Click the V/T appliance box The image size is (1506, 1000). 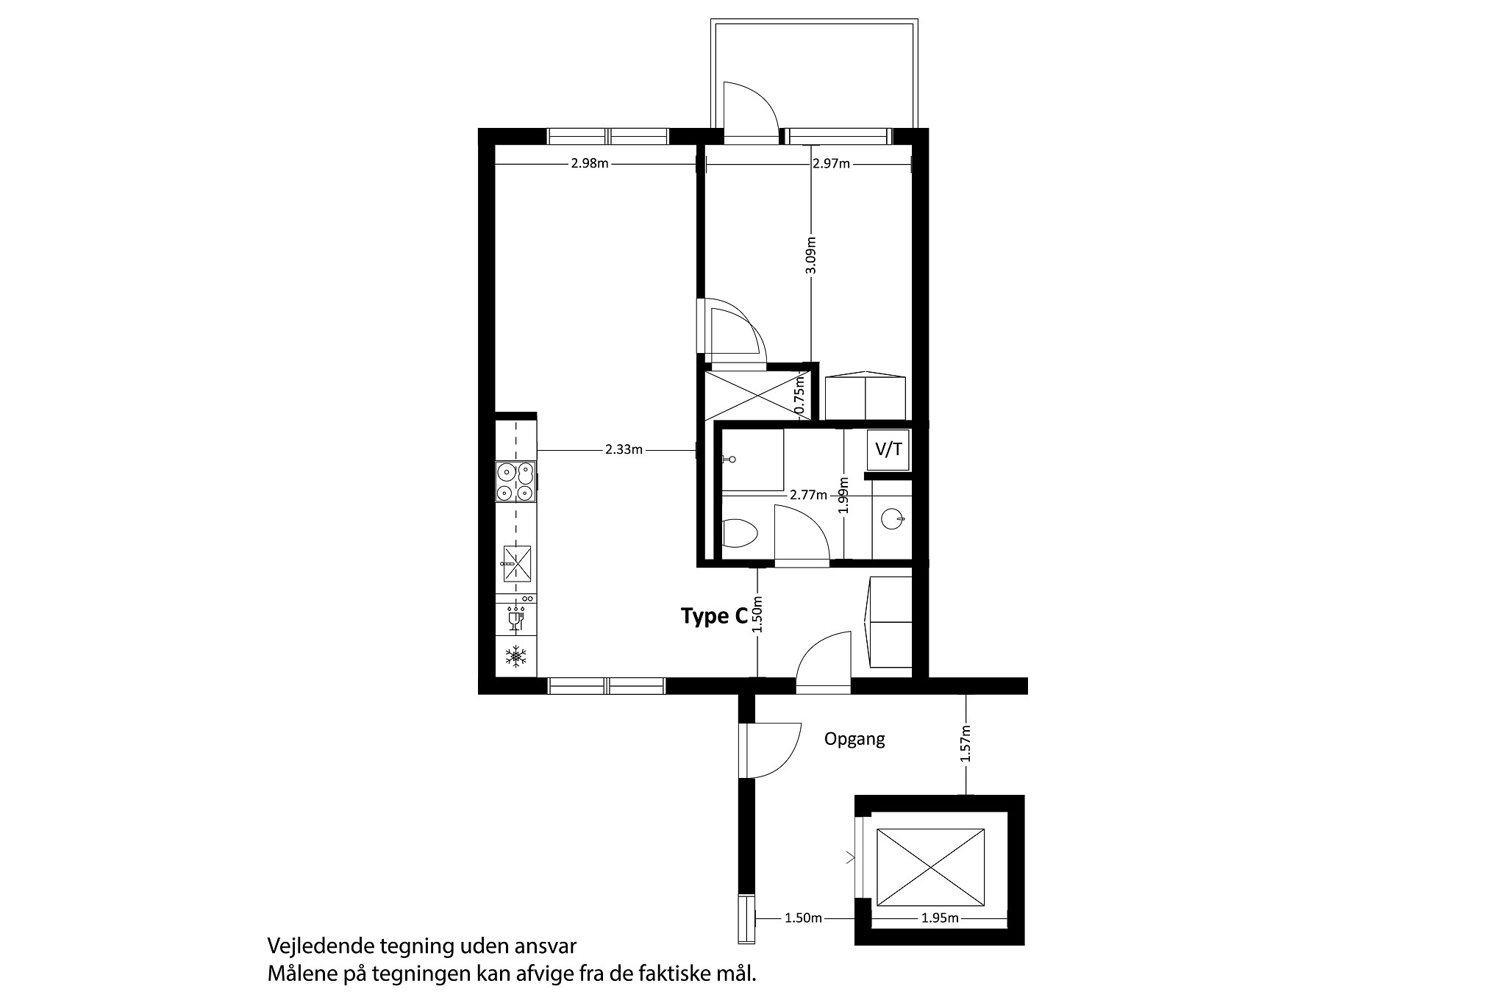pos(888,449)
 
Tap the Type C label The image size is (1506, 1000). pos(714,616)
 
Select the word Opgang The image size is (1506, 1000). pos(854,740)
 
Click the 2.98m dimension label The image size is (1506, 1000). pos(590,163)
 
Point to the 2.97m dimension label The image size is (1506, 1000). pos(831,163)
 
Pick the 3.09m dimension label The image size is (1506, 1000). pos(810,254)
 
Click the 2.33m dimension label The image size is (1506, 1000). pos(624,450)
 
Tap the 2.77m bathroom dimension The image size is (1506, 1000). pos(808,495)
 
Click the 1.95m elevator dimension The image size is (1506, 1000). pos(940,918)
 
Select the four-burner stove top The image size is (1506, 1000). pos(515,482)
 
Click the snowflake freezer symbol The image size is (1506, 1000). pos(515,657)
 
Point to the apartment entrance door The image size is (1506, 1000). pos(824,662)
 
